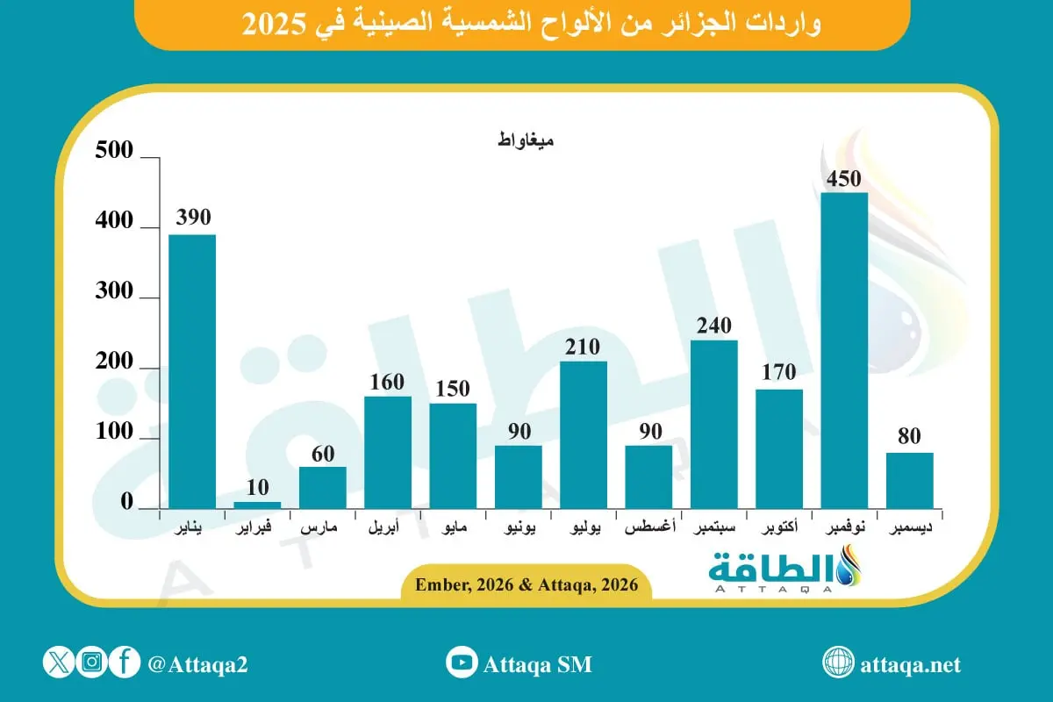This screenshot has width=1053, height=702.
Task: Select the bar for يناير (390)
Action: [192, 371]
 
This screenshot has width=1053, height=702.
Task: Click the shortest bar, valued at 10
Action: [257, 505]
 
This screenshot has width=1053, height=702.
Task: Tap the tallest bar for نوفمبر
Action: [844, 350]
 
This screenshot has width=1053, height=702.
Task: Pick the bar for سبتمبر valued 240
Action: [713, 424]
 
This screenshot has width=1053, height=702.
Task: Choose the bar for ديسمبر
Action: [909, 480]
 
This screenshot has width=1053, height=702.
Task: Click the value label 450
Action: [844, 179]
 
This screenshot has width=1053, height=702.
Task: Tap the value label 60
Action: [322, 453]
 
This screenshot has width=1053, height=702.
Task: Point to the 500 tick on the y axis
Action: [114, 152]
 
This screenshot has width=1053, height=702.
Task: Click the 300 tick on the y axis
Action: [114, 292]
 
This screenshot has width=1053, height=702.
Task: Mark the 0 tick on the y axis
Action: [126, 503]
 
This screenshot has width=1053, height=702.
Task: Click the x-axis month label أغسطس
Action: [648, 530]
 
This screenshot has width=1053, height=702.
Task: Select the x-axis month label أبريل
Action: [387, 530]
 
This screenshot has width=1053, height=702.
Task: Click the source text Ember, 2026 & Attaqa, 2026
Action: [526, 585]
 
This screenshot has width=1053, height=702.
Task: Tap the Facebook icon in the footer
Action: [125, 663]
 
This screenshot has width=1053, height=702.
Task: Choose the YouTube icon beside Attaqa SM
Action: [461, 663]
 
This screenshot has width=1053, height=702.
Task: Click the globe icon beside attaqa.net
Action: [839, 663]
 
